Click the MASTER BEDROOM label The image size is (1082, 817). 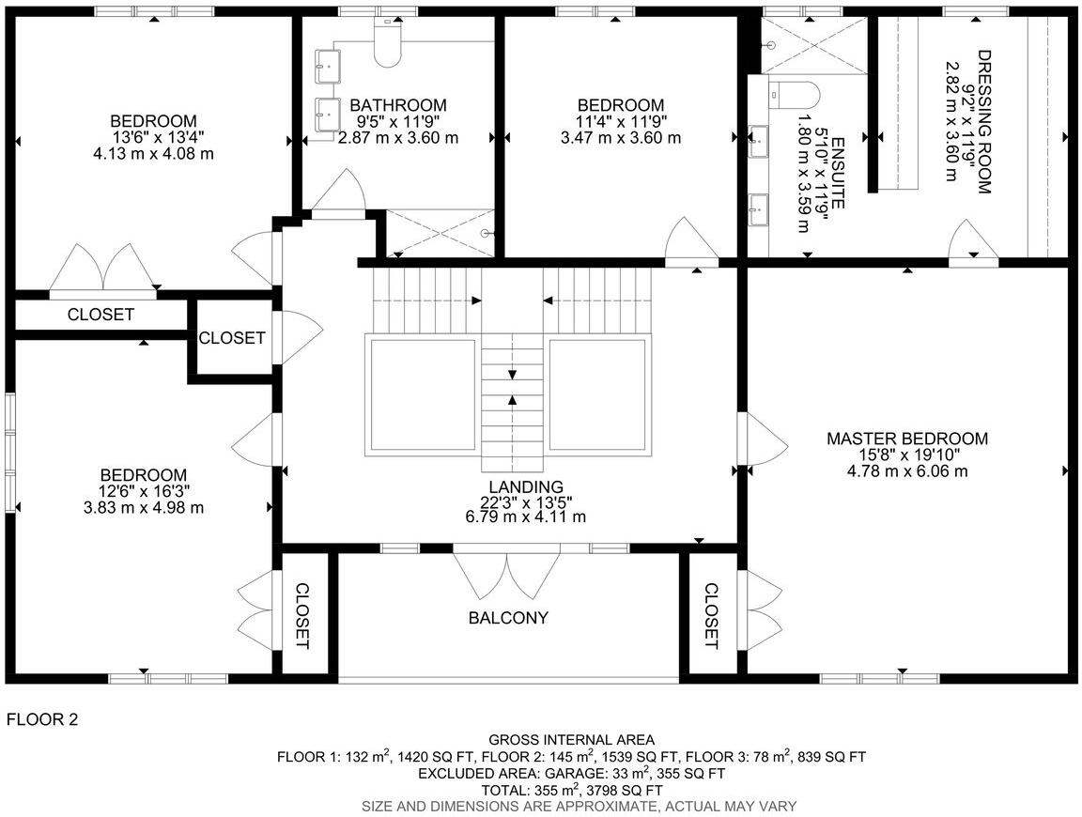coord(907,439)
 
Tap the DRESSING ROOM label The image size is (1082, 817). coord(983,122)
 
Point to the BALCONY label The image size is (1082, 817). coord(508,618)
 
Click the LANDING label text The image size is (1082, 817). coord(526,486)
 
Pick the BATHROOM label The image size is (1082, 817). coord(398,105)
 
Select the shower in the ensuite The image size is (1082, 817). coord(813,44)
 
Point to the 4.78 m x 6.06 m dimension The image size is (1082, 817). coord(907,471)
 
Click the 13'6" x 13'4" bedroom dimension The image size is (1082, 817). coord(153,137)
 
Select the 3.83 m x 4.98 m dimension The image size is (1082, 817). coord(144,507)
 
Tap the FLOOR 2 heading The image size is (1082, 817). coord(42,720)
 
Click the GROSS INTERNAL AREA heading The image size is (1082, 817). coord(571,740)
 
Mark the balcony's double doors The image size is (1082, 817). coord(507,575)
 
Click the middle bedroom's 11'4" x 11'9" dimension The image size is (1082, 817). coord(620,121)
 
